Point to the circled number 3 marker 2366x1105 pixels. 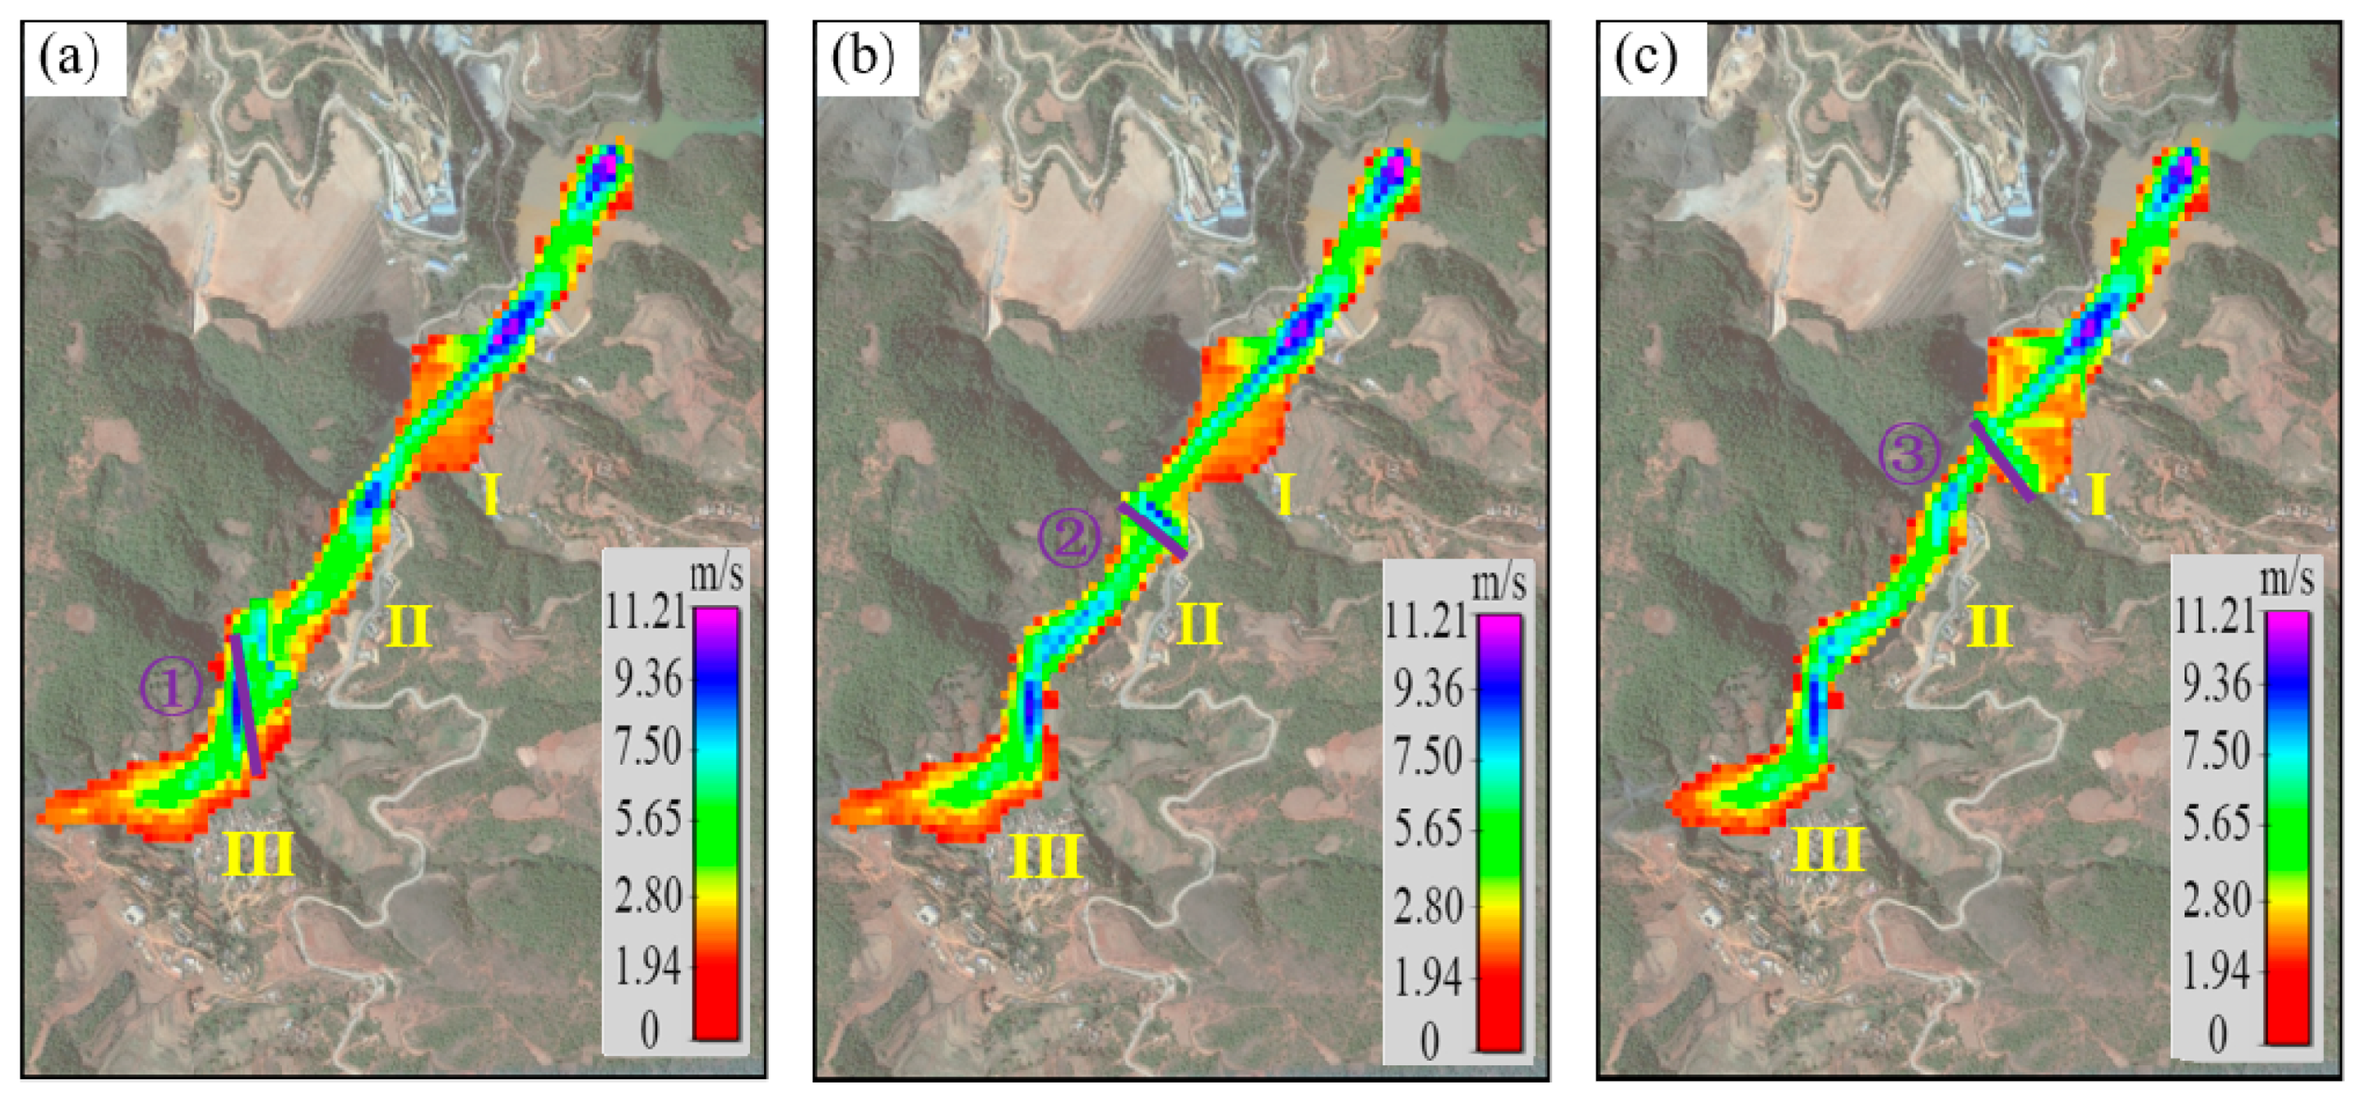[1909, 454]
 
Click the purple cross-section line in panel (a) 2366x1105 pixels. [245, 705]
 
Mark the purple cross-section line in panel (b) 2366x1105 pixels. [1152, 530]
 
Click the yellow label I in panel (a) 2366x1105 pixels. [491, 496]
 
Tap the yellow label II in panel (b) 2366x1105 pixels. [1199, 625]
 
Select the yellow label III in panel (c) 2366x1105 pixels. [1828, 848]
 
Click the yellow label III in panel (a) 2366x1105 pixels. [258, 853]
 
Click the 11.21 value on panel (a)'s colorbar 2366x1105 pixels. [645, 611]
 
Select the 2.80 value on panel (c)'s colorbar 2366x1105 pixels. [2216, 899]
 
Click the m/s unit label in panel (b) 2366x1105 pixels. [1499, 582]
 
